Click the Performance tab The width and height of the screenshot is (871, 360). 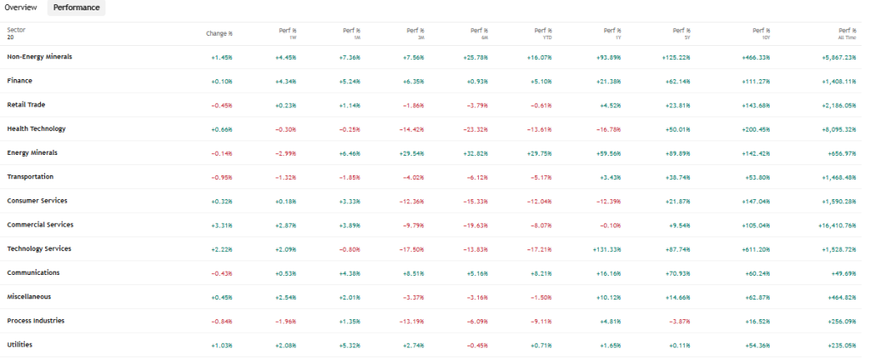pyautogui.click(x=77, y=8)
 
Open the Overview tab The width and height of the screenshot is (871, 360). pyautogui.click(x=20, y=8)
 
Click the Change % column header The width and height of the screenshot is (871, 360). pyautogui.click(x=219, y=33)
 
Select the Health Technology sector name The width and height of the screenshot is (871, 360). pyautogui.click(x=36, y=129)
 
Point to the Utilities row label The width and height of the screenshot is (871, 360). pyautogui.click(x=20, y=345)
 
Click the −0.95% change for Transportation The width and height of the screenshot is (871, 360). pyautogui.click(x=222, y=177)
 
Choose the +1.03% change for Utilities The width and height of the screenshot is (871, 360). pyautogui.click(x=222, y=345)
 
